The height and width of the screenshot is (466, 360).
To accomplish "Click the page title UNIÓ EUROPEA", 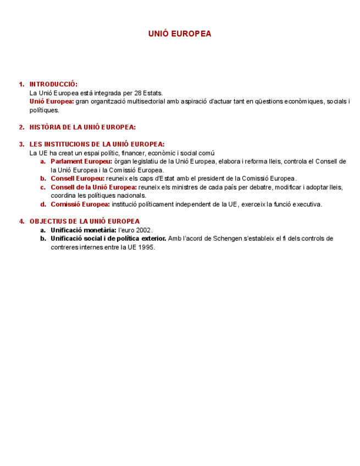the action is coord(179,34).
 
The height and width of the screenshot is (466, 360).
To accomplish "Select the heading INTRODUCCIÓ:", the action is coord(53,84).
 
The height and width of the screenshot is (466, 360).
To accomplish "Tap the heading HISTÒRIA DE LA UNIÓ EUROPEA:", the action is coord(82,127).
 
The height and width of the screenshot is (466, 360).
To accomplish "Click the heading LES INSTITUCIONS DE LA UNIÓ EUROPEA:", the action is coord(97,145).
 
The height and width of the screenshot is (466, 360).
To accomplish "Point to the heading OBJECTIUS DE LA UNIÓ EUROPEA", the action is coord(84,221).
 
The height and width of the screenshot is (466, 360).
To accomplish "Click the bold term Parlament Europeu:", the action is coord(81,162).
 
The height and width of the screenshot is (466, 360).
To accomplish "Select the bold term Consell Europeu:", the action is coord(77,179).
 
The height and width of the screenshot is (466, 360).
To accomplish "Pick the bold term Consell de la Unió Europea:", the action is coord(93,187).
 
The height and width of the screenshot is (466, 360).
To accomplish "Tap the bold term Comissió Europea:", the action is coord(80,204).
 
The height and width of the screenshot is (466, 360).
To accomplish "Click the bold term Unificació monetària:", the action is coord(83,230).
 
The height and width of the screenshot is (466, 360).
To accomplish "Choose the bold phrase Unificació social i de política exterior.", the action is coord(108,238).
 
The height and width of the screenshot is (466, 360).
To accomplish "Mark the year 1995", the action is coord(147,247).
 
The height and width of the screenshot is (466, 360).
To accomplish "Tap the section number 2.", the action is coord(21,127).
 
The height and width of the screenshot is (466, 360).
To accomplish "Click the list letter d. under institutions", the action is coord(42,204).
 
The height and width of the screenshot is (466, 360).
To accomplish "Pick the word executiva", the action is coord(305,204).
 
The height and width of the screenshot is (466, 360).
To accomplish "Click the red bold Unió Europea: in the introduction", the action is coord(52,102).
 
